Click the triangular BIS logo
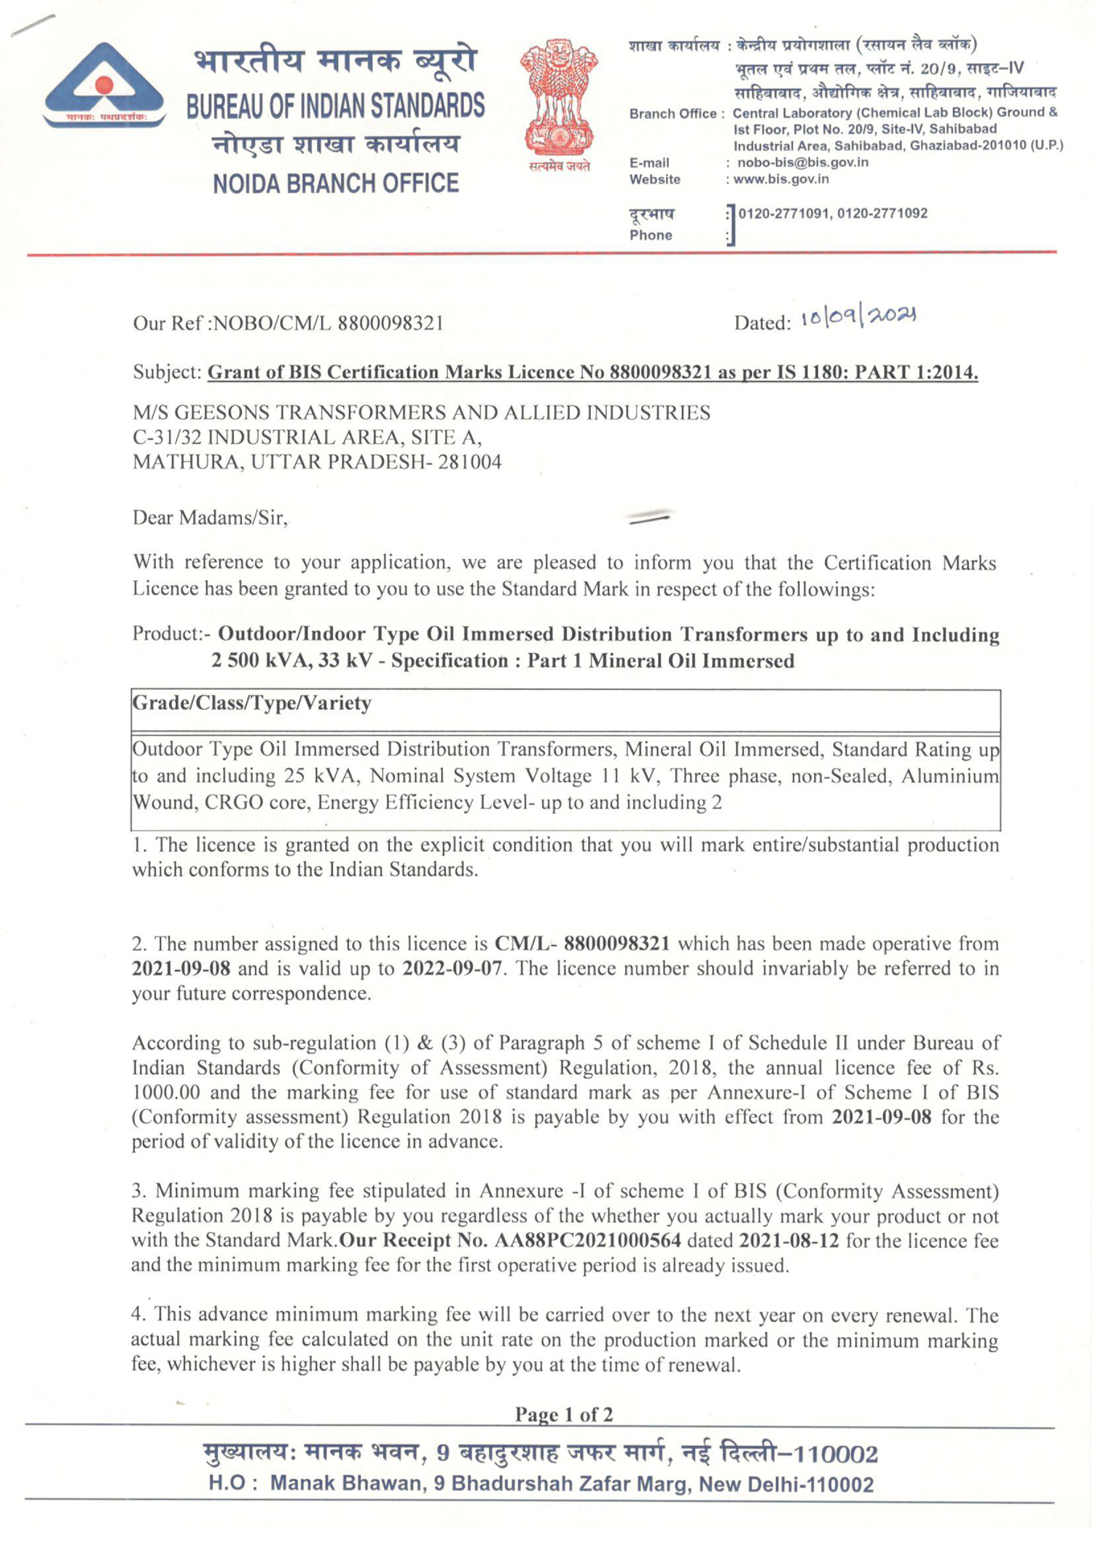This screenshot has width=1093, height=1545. (103, 86)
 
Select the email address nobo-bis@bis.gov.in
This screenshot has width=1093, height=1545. (802, 163)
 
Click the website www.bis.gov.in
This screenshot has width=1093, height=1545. (780, 179)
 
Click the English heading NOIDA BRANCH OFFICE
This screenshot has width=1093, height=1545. (336, 183)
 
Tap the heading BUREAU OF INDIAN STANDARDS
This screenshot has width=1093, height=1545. (335, 106)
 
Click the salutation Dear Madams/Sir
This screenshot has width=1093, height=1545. (210, 518)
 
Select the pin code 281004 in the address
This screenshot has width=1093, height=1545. (469, 462)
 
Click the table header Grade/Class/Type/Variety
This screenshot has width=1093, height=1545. (251, 703)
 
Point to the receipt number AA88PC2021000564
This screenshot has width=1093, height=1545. (587, 1240)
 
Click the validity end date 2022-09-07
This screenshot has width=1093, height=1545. (452, 969)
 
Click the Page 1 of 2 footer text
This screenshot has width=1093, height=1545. (563, 1415)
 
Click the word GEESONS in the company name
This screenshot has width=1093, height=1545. (219, 413)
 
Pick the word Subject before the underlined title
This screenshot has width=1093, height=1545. (167, 372)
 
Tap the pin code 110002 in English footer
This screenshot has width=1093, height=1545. (836, 1484)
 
